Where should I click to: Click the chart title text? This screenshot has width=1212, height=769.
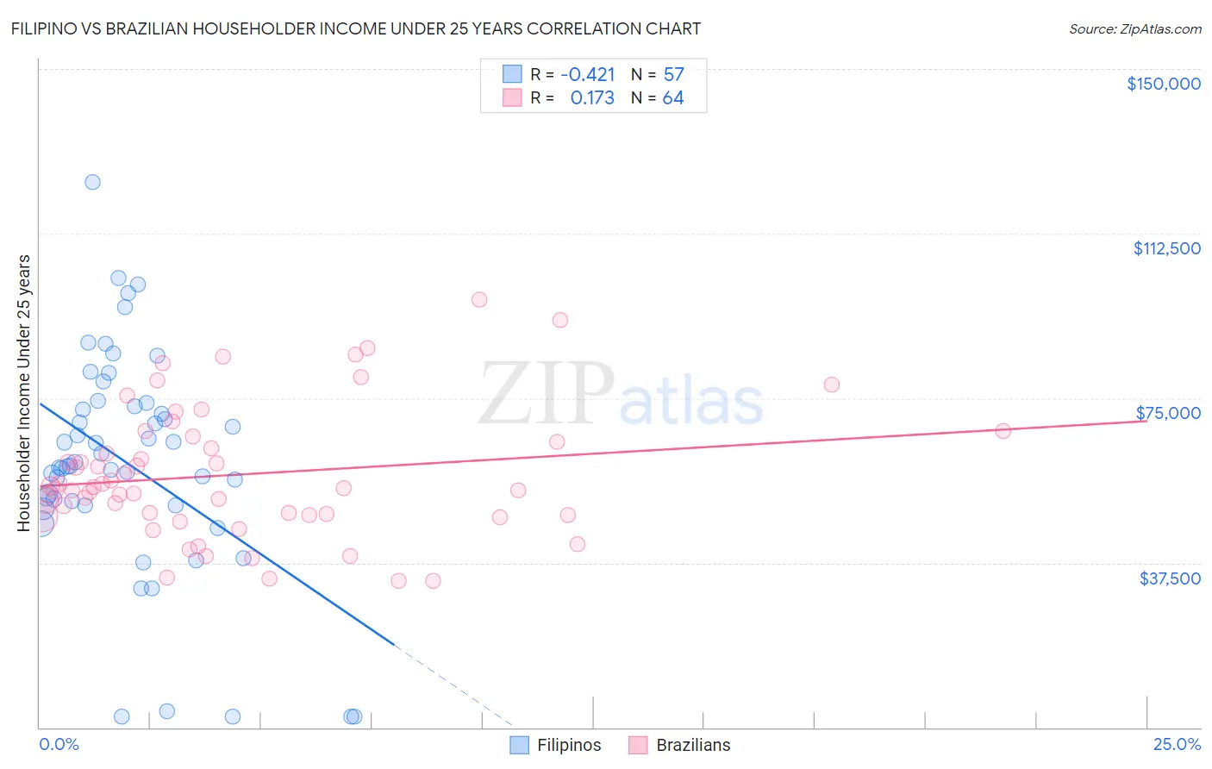[x=355, y=28]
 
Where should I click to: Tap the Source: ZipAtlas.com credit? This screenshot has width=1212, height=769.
[x=1134, y=28]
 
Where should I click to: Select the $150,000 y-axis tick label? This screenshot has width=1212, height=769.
[x=1163, y=84]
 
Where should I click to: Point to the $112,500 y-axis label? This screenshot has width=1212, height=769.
[x=1166, y=248]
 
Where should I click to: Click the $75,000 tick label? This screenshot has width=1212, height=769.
[x=1168, y=413]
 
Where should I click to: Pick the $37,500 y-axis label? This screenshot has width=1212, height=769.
[x=1170, y=578]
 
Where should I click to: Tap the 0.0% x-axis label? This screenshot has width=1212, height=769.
[x=59, y=745]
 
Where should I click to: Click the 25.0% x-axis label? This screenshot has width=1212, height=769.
[x=1177, y=745]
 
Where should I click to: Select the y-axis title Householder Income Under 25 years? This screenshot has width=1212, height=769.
[x=24, y=392]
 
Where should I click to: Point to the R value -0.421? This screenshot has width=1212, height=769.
[x=587, y=75]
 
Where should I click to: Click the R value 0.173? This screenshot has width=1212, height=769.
[x=592, y=98]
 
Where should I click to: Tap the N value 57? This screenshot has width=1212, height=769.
[x=673, y=75]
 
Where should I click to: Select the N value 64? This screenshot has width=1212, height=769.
[x=673, y=98]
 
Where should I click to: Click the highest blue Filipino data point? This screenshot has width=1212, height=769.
[x=92, y=182]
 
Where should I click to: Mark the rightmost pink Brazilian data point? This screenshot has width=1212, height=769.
[x=1003, y=431]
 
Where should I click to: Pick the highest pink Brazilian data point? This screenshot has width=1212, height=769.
[x=479, y=299]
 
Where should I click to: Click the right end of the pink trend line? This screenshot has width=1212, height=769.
[x=1146, y=421]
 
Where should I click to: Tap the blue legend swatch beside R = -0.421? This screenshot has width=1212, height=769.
[x=513, y=75]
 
